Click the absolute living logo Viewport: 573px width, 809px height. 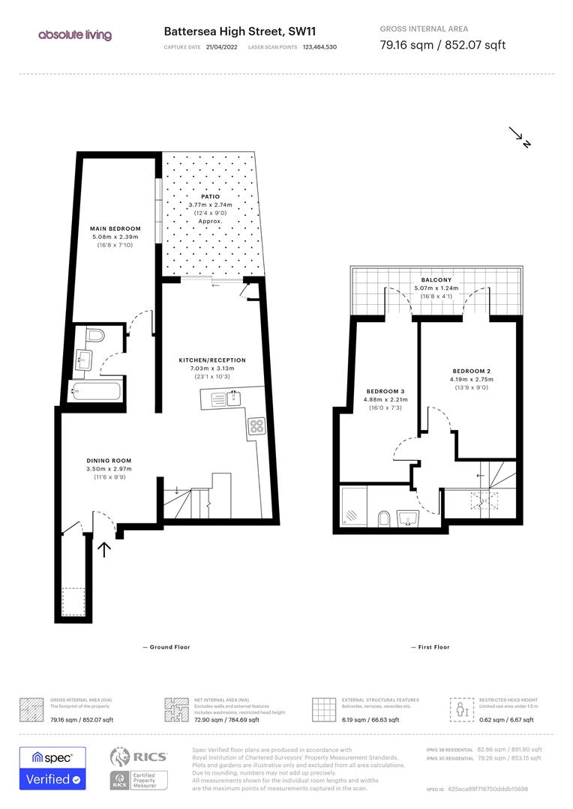[x=75, y=35]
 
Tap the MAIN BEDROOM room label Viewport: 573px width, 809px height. [x=115, y=228]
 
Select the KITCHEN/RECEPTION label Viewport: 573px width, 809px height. [x=211, y=360]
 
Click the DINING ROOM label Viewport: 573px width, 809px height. [x=109, y=461]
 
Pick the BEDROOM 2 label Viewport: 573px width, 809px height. [x=471, y=372]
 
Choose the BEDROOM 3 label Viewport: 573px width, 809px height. [x=385, y=392]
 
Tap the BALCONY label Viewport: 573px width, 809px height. [x=436, y=279]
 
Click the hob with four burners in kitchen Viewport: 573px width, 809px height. [x=256, y=426]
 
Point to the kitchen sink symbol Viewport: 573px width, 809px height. [x=220, y=400]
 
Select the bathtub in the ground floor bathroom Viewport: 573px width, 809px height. [x=97, y=390]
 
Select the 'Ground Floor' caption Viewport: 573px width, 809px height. [x=166, y=647]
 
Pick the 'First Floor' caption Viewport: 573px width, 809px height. [x=430, y=647]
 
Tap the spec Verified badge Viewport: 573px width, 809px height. [x=52, y=768]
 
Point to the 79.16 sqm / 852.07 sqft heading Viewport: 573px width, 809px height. [x=442, y=45]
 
